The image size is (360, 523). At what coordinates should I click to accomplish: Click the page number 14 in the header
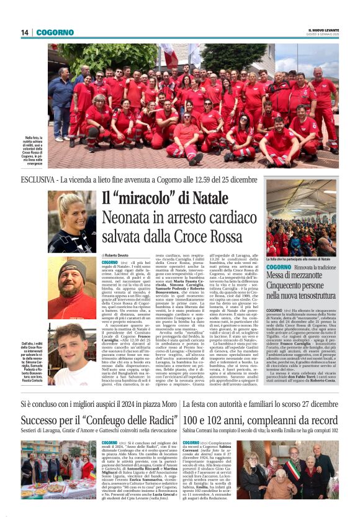coord(25,32)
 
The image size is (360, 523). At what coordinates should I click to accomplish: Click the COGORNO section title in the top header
coord(55,32)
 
